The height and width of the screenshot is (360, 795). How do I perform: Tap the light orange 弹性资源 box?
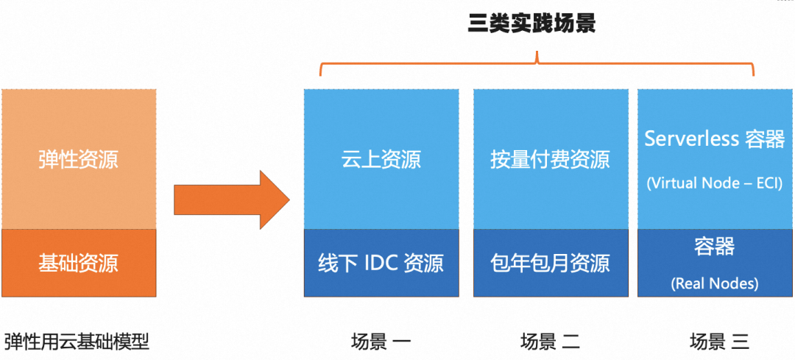pyautogui.click(x=78, y=159)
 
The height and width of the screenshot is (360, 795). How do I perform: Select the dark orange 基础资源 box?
pyautogui.click(x=78, y=263)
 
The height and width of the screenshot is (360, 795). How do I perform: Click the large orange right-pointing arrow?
pyautogui.click(x=231, y=199)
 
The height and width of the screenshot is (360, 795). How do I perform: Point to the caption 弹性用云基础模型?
pyautogui.click(x=77, y=342)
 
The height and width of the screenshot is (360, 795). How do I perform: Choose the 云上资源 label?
pyautogui.click(x=381, y=159)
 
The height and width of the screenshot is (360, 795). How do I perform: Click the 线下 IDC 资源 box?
pyautogui.click(x=381, y=263)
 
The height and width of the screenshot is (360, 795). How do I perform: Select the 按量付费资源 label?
pyautogui.click(x=550, y=159)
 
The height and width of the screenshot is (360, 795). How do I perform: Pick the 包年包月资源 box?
pyautogui.click(x=550, y=263)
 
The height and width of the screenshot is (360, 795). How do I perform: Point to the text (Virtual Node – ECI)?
pyautogui.click(x=714, y=183)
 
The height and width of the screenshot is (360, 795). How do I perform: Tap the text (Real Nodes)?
pyautogui.click(x=714, y=283)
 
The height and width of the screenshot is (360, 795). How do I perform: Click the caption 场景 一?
pyautogui.click(x=381, y=342)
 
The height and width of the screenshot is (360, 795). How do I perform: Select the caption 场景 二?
pyautogui.click(x=550, y=342)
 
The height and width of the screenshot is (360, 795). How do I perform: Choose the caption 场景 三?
pyautogui.click(x=718, y=342)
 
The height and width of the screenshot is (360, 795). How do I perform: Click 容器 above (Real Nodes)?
pyautogui.click(x=714, y=247)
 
